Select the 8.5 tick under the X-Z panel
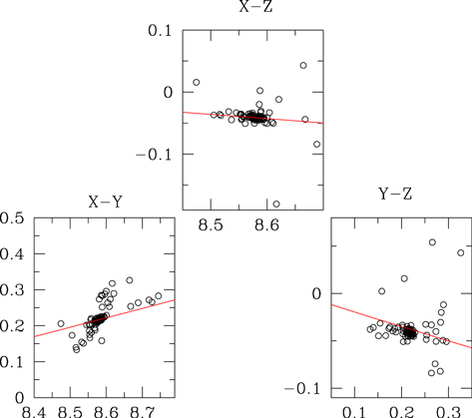[x=211, y=226]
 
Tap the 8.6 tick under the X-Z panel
[x=266, y=226]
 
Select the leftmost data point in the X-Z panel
[x=197, y=82]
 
